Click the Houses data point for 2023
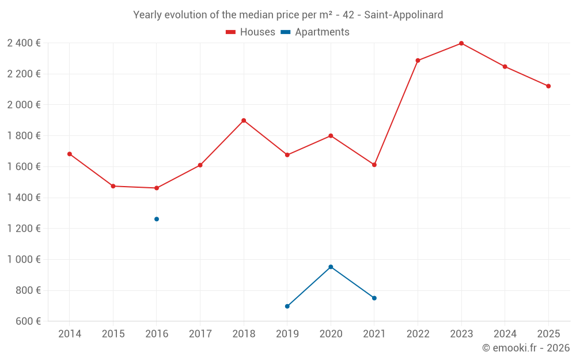coord(461,43)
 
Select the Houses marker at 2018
coord(244,120)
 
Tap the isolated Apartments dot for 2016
coord(157,219)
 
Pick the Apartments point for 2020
coord(331,267)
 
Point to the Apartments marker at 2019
coord(287,306)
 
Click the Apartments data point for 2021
coord(374,298)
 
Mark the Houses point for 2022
coord(418,60)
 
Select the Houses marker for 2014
coord(70,154)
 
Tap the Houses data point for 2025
coord(548,86)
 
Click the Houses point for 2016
coord(157,188)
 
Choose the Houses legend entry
coord(251,32)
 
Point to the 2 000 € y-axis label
coord(24,105)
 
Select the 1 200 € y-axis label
coord(24,229)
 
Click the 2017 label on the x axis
coord(200,334)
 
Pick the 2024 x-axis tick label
coord(505,334)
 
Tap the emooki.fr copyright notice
coord(526,348)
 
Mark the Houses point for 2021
coord(374,165)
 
